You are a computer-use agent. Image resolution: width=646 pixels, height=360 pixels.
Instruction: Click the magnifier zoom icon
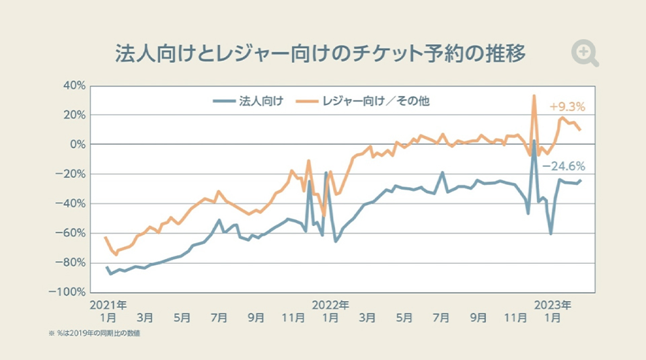coord(584,53)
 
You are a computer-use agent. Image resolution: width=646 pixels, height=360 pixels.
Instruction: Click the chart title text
coord(320,54)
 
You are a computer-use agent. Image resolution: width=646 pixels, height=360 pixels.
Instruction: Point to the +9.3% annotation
coord(567,106)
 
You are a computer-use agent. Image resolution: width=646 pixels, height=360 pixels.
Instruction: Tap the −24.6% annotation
coord(564,166)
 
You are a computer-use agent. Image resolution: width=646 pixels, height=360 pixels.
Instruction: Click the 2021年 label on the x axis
coord(108,305)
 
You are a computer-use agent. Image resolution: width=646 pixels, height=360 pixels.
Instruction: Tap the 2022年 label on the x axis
coord(330,305)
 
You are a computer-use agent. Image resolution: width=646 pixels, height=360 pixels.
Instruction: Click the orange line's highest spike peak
coord(534,96)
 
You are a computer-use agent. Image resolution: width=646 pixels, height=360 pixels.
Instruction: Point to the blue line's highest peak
coord(534,141)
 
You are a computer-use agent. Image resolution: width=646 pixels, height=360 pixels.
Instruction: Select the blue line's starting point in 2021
coord(106,267)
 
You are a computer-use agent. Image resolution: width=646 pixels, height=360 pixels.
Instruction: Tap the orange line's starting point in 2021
coord(105,238)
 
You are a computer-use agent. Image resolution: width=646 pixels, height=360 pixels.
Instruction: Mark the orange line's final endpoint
coord(580,129)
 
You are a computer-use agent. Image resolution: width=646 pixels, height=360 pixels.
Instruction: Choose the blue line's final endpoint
coord(580,180)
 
